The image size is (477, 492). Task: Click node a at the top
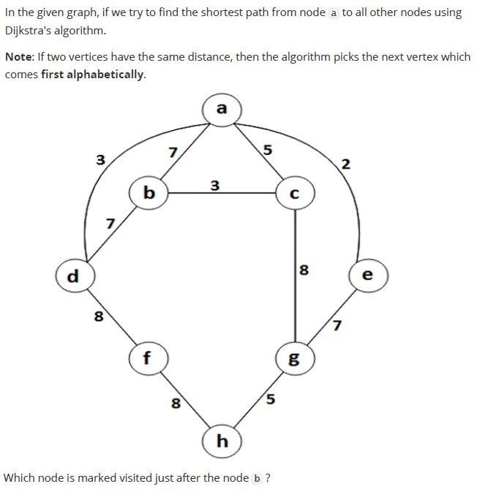(x=222, y=110)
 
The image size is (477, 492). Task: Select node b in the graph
(x=149, y=193)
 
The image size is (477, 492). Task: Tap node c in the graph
(x=295, y=193)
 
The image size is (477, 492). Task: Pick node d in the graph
(x=75, y=276)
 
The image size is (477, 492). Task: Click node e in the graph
(x=368, y=276)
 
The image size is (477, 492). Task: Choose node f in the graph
(x=149, y=358)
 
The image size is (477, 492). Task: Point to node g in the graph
(x=295, y=358)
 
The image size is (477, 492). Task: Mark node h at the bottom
(x=222, y=441)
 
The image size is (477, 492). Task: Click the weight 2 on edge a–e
(x=345, y=164)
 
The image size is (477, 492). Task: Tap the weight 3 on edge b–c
(x=215, y=186)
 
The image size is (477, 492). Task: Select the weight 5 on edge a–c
(x=267, y=150)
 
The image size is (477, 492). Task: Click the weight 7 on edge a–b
(x=173, y=153)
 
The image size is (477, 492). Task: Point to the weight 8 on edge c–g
(x=304, y=270)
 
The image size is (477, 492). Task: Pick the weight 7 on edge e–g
(x=337, y=325)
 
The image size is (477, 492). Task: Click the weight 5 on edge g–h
(x=271, y=399)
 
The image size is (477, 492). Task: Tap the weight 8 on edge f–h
(x=176, y=404)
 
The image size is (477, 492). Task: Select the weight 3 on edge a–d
(x=100, y=159)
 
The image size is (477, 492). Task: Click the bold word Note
(x=18, y=57)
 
